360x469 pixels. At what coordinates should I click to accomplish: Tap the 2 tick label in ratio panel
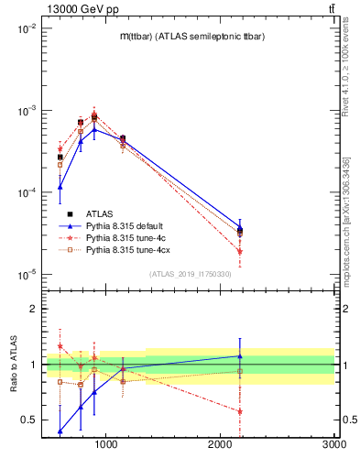[x=32, y=309]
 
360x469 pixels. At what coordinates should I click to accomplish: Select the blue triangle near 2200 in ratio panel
[x=240, y=356]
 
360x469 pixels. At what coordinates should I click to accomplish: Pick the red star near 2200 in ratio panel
[x=240, y=411]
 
